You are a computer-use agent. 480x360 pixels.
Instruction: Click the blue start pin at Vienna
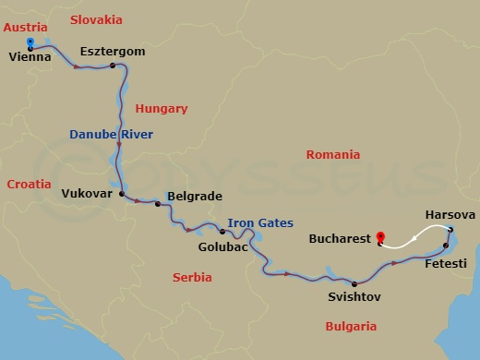[30, 43]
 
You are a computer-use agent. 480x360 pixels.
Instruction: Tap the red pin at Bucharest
[380, 238]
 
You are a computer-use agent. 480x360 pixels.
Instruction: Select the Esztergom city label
[113, 52]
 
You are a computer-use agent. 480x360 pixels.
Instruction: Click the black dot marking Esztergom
[113, 66]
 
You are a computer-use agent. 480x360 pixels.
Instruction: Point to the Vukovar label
[87, 194]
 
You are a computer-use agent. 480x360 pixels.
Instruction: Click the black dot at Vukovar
[122, 194]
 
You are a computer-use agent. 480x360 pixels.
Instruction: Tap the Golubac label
[222, 246]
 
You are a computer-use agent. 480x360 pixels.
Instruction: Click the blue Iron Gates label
[260, 222]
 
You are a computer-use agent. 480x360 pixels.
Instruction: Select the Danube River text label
[111, 135]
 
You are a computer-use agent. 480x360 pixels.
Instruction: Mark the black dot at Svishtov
[354, 283]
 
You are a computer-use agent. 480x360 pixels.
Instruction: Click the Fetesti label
[445, 263]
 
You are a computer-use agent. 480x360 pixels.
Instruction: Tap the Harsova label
[450, 215]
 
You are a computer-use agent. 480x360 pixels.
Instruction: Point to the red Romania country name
[333, 155]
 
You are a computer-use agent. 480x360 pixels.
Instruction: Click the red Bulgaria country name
[351, 326]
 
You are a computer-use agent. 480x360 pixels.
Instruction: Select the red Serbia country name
[192, 277]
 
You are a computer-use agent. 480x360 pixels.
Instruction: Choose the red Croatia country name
[29, 185]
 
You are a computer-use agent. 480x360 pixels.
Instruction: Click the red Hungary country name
[161, 109]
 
